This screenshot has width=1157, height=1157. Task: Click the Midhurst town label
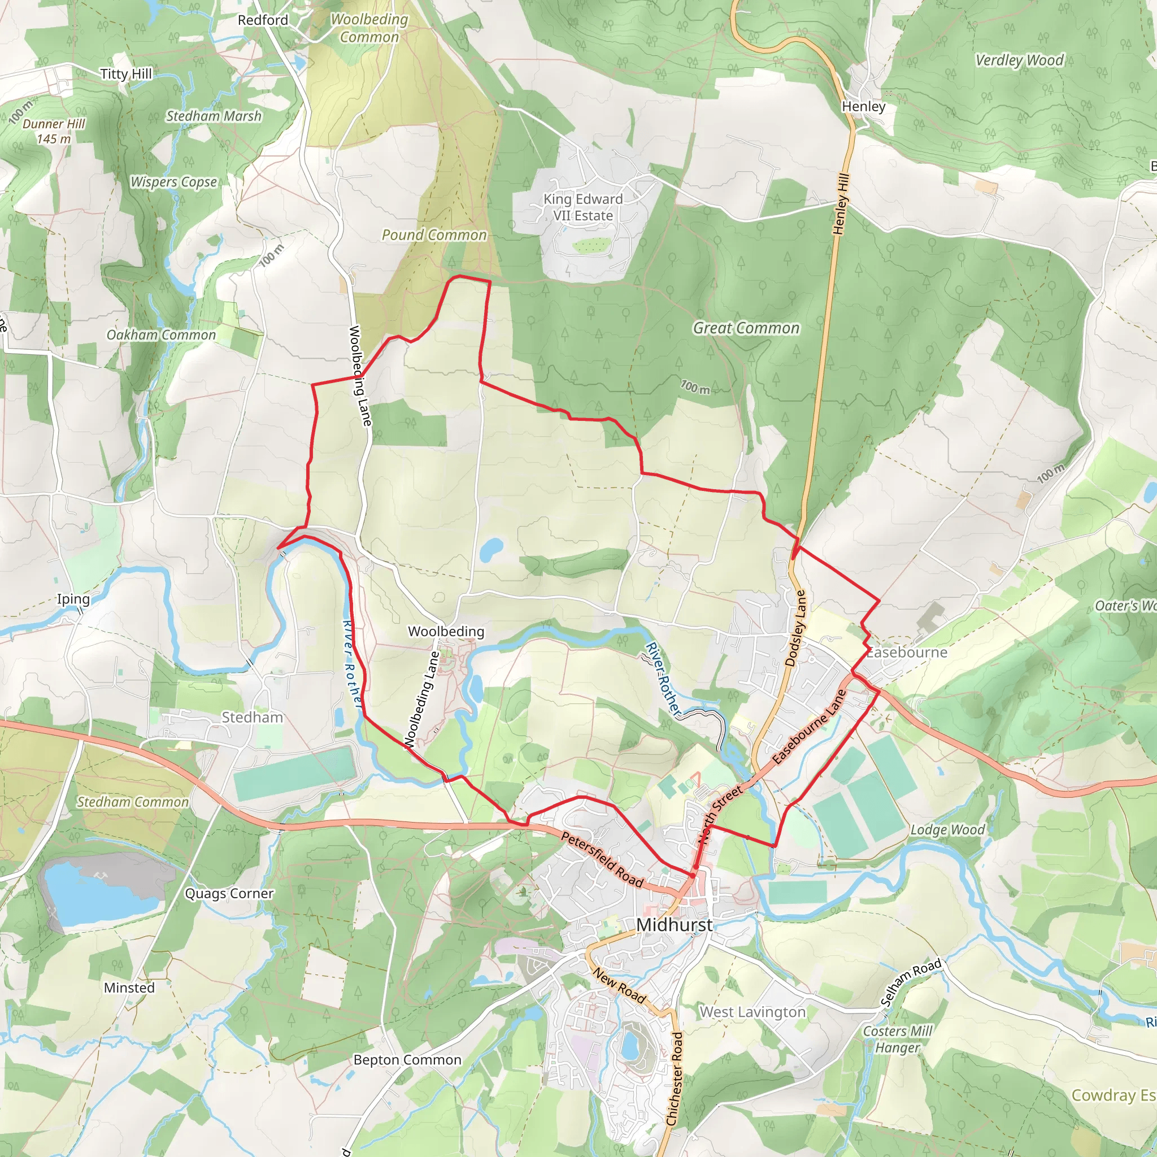point(675,925)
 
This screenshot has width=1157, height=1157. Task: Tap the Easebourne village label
point(907,652)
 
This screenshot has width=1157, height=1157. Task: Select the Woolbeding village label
point(446,631)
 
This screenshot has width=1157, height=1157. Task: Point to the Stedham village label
point(252,717)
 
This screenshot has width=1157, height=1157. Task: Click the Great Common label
point(746,328)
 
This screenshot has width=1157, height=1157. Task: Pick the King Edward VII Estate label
point(582,207)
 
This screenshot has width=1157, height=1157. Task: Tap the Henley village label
point(863,107)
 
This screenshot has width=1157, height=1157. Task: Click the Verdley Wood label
point(1019,60)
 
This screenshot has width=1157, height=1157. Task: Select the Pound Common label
point(434,235)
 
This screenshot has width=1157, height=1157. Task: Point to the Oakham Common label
point(161,335)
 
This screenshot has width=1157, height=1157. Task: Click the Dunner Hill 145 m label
point(54,131)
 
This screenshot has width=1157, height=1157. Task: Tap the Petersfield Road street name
point(602,859)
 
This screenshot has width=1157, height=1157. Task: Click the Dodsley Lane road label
point(796,628)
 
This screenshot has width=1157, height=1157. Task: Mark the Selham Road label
point(911,982)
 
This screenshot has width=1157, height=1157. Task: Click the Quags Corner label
point(229,894)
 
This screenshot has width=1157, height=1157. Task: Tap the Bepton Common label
point(407,1059)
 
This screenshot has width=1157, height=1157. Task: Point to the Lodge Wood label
point(947,829)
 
